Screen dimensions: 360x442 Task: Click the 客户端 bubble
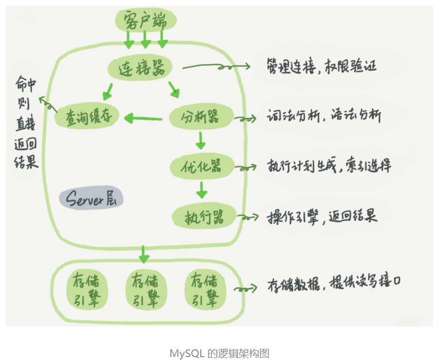click(145, 21)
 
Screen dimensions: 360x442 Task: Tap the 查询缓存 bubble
click(86, 117)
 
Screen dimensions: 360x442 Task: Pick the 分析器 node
click(200, 117)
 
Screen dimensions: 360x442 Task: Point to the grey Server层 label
click(91, 199)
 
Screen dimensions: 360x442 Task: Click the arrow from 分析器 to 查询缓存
click(143, 118)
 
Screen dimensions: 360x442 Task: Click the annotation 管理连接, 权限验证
click(321, 66)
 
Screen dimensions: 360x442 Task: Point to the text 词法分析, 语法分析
click(324, 117)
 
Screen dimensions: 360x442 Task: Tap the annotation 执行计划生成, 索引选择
click(329, 166)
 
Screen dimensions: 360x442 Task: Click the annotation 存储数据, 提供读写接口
click(334, 284)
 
